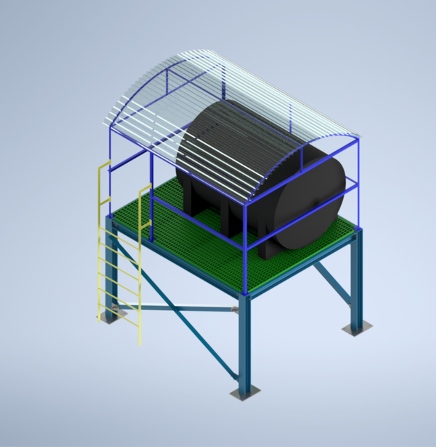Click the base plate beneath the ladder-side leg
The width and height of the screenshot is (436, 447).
(108, 316)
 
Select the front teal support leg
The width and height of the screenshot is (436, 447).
(244, 342)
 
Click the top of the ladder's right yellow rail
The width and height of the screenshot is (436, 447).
(145, 187)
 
